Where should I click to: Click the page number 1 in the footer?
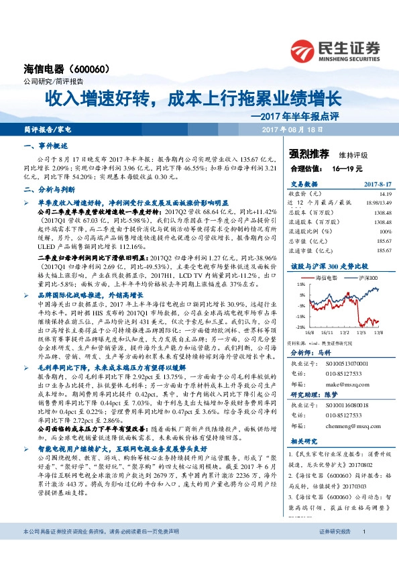click(x=363, y=550)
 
